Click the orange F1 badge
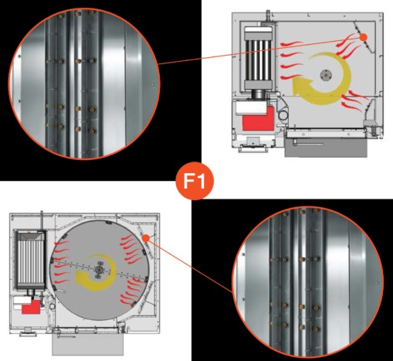click(195, 181)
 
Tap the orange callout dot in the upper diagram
click(363, 37)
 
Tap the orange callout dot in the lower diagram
click(146, 238)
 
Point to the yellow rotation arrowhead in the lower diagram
click(80, 279)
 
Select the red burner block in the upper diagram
click(258, 119)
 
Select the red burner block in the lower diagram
click(31, 308)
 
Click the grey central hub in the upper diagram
click(326, 75)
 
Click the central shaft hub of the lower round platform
click(99, 269)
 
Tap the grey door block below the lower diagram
click(88, 345)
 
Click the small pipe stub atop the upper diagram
click(267, 15)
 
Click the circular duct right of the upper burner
click(283, 114)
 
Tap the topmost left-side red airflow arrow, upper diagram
click(291, 43)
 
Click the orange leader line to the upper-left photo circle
click(259, 50)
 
